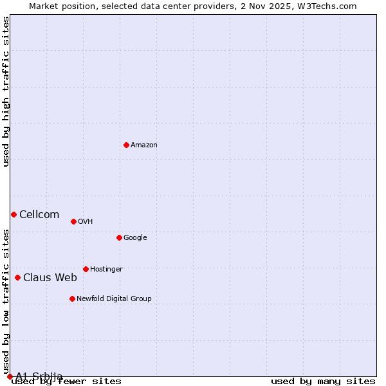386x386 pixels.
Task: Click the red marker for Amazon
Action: [126, 145]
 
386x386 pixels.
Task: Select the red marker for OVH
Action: [73, 221]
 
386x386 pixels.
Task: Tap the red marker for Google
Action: [119, 237]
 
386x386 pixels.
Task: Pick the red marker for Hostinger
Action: [86, 269]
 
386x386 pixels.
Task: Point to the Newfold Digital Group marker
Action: [72, 299]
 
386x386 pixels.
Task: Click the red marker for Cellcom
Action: [14, 214]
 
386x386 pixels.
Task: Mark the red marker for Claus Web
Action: [17, 277]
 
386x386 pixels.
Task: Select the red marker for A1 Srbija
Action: [10, 376]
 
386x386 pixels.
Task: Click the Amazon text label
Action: [144, 145]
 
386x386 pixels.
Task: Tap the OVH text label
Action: [86, 222]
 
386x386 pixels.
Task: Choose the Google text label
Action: [135, 238]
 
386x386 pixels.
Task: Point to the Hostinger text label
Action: [106, 270]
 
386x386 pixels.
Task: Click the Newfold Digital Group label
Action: [114, 299]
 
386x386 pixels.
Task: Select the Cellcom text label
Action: [39, 215]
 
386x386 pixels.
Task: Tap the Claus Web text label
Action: [50, 278]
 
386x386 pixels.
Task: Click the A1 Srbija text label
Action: [39, 376]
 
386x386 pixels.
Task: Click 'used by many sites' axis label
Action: [323, 381]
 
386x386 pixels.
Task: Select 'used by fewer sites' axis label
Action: [67, 381]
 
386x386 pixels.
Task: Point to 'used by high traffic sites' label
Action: [6, 91]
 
